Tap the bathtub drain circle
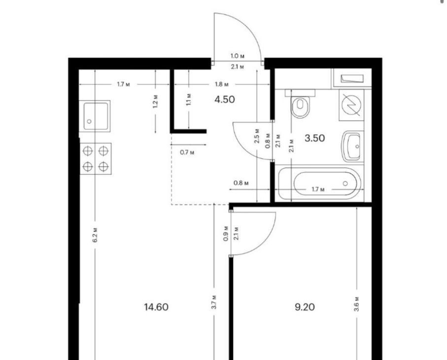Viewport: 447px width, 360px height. click(345, 183)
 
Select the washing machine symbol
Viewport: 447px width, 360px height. click(351, 105)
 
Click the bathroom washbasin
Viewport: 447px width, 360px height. click(353, 146)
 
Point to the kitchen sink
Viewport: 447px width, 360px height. click(95, 116)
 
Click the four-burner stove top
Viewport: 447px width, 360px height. click(96, 159)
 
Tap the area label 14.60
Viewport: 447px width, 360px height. click(156, 307)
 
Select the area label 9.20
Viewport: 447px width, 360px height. click(305, 307)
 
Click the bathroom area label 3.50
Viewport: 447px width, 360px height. click(315, 138)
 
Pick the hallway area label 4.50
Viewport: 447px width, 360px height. click(225, 99)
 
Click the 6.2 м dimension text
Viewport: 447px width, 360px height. click(95, 235)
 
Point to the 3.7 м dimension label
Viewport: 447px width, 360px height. click(214, 302)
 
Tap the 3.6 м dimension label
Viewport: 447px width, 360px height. click(357, 304)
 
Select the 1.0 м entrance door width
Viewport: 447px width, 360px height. click(238, 56)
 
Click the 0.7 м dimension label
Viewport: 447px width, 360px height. click(187, 152)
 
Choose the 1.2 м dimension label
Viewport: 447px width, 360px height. click(155, 101)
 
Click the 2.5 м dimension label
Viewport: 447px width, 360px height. click(257, 136)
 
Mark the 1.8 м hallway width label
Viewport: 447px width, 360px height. click(222, 84)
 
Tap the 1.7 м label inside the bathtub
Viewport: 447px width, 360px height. click(318, 189)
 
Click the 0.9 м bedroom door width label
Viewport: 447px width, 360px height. click(226, 233)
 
